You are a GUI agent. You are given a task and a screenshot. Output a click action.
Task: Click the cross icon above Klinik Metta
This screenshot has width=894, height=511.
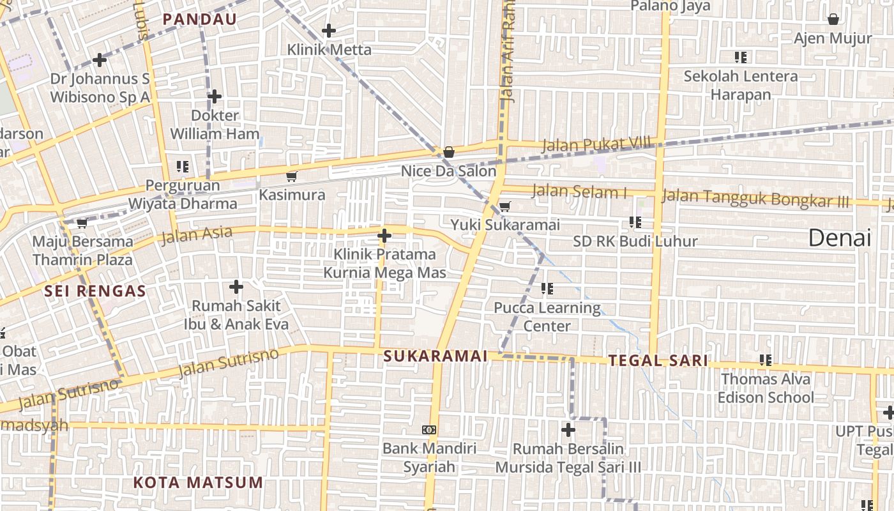pos(329,30)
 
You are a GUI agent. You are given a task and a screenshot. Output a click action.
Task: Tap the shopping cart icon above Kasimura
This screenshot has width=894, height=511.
pos(292,176)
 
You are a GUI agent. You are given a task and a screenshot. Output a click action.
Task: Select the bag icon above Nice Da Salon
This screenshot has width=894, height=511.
pos(449,152)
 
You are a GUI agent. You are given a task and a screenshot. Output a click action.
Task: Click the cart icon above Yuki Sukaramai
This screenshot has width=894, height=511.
pos(504,206)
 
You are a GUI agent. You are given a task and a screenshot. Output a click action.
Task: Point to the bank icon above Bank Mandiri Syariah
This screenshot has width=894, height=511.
pos(429,430)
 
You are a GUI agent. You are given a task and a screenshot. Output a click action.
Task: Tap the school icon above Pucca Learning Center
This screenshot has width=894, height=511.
pos(547,289)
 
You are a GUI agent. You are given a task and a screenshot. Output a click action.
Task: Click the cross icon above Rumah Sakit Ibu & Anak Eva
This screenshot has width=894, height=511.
pos(236,287)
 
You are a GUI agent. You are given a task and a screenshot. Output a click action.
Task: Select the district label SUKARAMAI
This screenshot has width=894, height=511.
pos(436,356)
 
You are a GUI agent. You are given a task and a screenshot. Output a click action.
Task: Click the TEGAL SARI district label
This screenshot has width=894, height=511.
pos(658,361)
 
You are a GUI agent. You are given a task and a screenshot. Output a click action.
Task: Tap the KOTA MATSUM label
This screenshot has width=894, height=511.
pos(198,482)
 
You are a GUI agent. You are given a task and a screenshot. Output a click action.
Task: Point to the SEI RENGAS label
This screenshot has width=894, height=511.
pos(95,291)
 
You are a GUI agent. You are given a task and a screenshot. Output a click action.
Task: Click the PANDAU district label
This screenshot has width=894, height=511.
pos(199,19)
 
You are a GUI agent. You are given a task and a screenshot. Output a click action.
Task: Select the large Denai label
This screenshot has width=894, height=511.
pos(840,238)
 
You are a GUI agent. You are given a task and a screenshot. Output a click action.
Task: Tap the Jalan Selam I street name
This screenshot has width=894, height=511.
pos(579,191)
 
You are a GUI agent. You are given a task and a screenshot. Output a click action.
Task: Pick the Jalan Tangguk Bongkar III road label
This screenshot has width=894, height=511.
pos(755,198)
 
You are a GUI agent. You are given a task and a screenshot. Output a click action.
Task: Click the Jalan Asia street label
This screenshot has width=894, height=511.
pos(197,235)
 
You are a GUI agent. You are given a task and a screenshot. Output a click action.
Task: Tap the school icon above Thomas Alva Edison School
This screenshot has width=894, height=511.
pos(766,360)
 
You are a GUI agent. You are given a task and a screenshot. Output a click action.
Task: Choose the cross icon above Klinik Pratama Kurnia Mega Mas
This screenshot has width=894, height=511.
pos(384,236)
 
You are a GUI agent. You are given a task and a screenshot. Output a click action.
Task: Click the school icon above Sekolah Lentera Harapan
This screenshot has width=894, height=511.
pos(741,57)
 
